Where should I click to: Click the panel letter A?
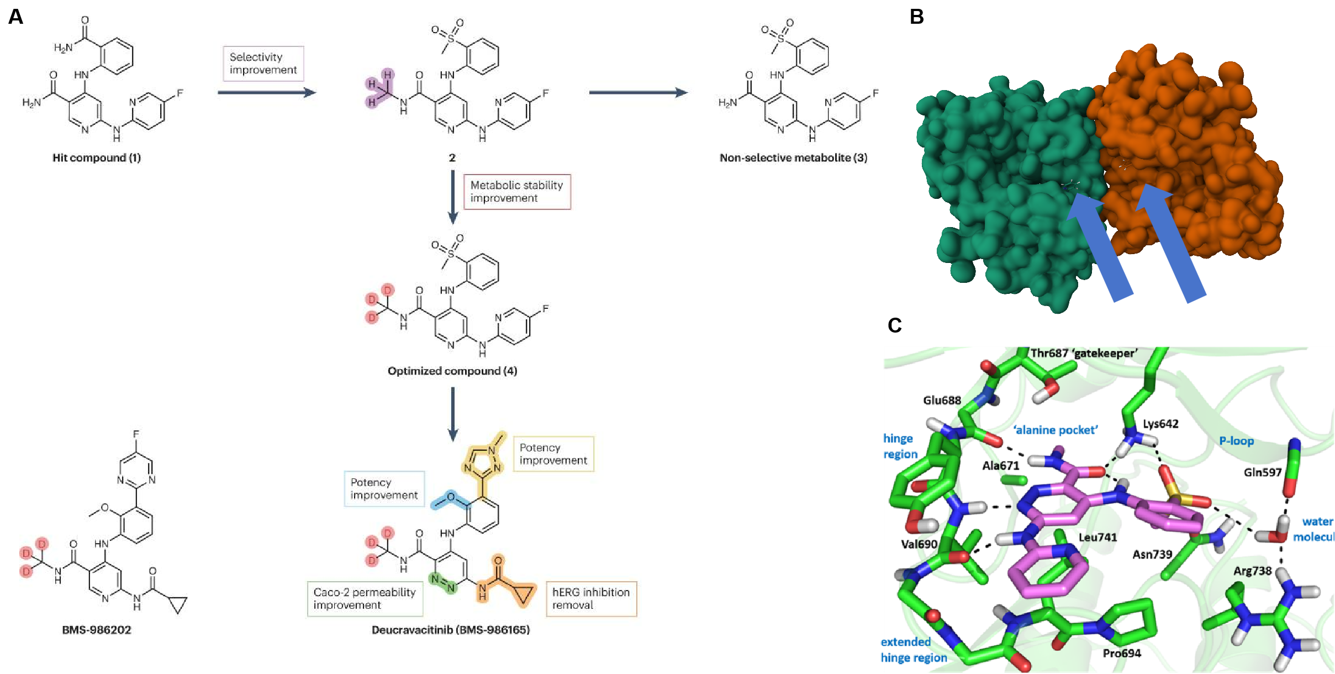point(16,17)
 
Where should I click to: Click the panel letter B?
point(916,17)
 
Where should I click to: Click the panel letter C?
point(894,325)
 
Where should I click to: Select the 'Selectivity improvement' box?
point(263,64)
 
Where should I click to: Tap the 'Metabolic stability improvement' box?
point(516,192)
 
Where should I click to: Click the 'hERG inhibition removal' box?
point(590,598)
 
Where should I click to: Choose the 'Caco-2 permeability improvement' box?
point(365,598)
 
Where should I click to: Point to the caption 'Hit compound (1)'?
point(97,158)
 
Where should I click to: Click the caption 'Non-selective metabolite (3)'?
point(793,158)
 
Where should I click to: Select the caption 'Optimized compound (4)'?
point(452,371)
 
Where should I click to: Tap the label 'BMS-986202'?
point(97,630)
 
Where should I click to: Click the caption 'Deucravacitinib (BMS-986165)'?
point(451,630)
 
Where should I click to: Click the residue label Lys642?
point(1160,424)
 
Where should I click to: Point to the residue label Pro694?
point(1122,653)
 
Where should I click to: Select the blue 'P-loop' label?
point(1236,441)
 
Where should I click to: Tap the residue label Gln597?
point(1262,472)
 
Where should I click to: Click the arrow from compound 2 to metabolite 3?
point(638,92)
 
